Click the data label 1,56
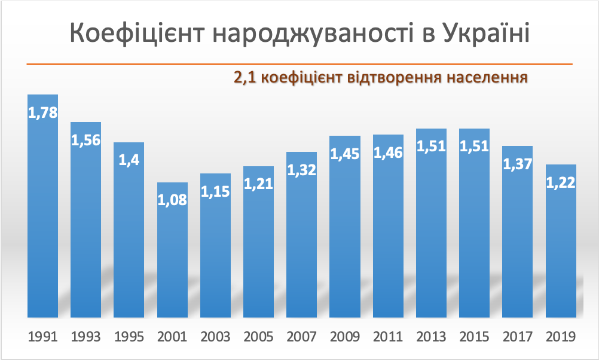[86, 140]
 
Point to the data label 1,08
[172, 200]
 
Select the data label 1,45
[345, 154]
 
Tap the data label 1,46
[388, 152]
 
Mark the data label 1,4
[129, 160]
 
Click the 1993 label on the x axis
[86, 337]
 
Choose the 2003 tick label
[215, 337]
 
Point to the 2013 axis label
[431, 337]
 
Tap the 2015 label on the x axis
[475, 337]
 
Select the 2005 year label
[258, 337]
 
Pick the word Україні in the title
[485, 33]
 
